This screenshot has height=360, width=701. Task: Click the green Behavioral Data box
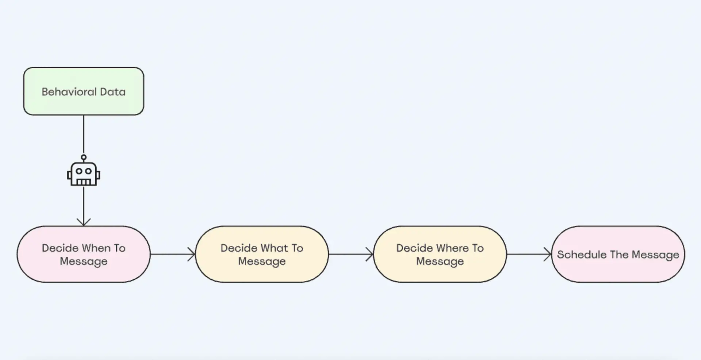84,91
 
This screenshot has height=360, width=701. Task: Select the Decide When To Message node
84,254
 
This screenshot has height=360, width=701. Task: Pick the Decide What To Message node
262,254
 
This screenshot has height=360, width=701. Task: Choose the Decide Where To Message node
440,254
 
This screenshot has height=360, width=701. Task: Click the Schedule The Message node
618,254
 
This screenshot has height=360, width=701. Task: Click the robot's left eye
79,171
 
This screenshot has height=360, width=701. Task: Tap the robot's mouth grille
84,181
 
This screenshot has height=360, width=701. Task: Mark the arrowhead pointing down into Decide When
84,222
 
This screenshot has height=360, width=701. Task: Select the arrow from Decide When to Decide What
173,254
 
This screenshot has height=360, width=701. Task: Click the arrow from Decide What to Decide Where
351,254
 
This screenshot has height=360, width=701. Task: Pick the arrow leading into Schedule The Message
529,254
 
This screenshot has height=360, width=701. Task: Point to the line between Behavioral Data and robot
84,135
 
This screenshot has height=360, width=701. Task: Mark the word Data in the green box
113,92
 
